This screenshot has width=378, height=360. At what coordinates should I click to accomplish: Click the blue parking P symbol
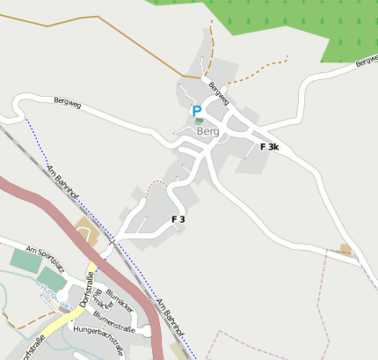point(196,110)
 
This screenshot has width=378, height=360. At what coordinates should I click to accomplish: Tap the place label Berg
point(207,132)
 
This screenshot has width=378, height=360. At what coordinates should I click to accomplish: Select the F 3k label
point(269,147)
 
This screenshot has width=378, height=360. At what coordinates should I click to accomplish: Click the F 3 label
point(178,218)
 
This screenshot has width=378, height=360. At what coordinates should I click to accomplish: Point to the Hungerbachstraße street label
point(105,329)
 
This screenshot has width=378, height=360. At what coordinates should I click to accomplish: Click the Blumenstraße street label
point(113,318)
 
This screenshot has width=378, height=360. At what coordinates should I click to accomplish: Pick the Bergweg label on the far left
point(67,104)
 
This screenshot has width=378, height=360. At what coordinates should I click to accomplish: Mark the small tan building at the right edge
point(345,249)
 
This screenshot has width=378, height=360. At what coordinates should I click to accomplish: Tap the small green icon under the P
point(198,121)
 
